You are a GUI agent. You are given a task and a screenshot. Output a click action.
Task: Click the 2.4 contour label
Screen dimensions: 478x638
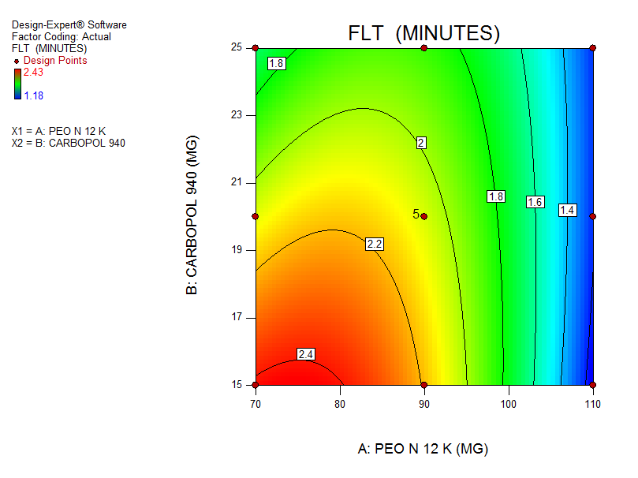pos(305,355)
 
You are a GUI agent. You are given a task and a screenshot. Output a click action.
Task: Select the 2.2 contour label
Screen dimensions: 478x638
pos(374,245)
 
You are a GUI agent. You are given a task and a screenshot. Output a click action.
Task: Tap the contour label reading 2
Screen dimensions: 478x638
pos(421,143)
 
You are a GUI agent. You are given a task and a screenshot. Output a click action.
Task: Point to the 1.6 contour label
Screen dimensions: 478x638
pos(535,202)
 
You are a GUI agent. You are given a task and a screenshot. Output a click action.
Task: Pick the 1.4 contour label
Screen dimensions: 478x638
pos(567,210)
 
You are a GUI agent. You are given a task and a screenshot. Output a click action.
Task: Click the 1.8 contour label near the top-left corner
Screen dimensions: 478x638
pos(276,64)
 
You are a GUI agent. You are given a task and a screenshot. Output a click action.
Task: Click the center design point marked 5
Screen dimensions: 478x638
pos(423,216)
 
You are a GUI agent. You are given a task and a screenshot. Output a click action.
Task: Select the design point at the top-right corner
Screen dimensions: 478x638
pos(592,48)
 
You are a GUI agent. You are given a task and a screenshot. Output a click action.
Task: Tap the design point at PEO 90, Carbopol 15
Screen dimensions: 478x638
pos(423,385)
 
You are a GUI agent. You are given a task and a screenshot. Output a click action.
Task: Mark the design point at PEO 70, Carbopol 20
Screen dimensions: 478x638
pos(255,216)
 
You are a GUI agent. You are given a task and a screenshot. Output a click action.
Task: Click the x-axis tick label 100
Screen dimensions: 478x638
pos(508,405)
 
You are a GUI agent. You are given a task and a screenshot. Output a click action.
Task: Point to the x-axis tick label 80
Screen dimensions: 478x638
pos(339,405)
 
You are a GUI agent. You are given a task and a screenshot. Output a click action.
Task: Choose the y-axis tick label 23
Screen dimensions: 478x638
pos(238,115)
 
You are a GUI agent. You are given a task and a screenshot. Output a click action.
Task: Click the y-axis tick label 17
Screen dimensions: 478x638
pos(238,318)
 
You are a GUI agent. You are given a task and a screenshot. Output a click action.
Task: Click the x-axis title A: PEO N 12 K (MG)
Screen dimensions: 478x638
pos(423,449)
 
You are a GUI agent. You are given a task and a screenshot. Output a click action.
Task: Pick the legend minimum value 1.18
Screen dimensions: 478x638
pos(33,95)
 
